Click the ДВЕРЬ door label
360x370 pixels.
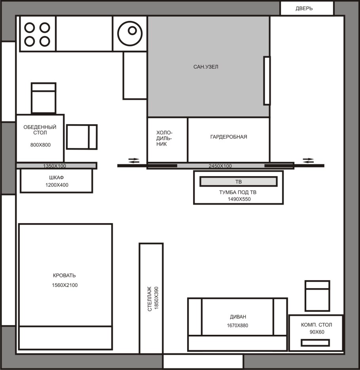[304, 8]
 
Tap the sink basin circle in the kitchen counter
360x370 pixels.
[130, 33]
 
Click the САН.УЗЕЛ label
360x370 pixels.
[206, 67]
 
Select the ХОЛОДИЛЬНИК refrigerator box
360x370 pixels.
[167, 140]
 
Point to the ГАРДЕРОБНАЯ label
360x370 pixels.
[229, 137]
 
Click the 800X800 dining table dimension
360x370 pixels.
[40, 145]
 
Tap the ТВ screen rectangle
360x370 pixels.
[238, 182]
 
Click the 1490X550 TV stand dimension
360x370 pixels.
[239, 199]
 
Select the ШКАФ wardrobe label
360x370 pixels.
[57, 177]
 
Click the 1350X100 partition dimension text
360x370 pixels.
[55, 166]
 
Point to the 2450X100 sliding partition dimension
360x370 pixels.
[220, 166]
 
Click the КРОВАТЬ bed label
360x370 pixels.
[64, 275]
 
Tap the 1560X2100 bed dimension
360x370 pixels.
[64, 285]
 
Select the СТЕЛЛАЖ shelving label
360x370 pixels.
[150, 299]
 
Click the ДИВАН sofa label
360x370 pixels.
[238, 317]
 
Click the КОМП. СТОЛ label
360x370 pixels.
[316, 325]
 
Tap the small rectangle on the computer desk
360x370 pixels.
[315, 343]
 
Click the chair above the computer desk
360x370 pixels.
[317, 296]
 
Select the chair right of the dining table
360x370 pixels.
[81, 137]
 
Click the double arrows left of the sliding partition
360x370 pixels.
[134, 160]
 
